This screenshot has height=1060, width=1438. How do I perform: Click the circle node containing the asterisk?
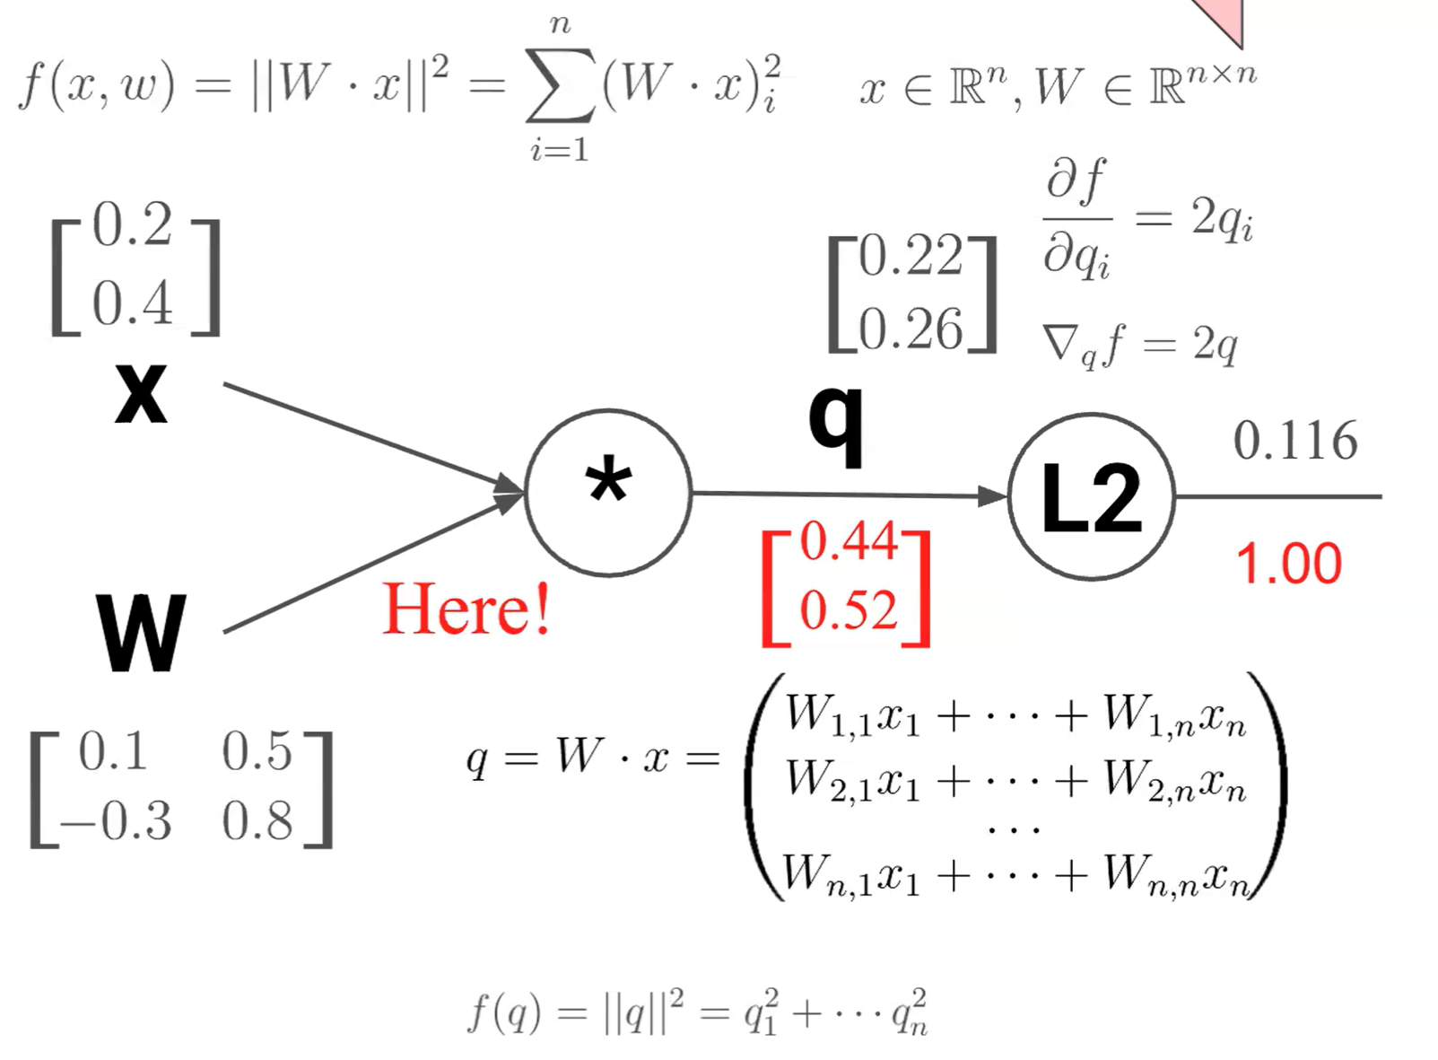point(608,492)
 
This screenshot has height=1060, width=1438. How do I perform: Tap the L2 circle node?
point(1091,496)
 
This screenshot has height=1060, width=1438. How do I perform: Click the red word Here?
point(466,609)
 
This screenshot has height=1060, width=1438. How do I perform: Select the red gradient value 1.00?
point(1288,565)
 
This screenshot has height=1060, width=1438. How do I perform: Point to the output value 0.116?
point(1294,441)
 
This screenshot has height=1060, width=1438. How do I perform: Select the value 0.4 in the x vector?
point(132,302)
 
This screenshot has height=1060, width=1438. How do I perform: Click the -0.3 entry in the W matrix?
point(116,820)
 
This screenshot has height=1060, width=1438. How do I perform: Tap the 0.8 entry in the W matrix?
point(257,820)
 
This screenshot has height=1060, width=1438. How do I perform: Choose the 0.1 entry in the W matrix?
point(113,751)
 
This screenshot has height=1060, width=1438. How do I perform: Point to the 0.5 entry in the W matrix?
point(257,751)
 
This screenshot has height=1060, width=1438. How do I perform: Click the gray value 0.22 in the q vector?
point(911,257)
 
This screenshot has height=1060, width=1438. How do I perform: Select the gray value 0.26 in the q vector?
point(911,329)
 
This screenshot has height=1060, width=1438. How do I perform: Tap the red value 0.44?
point(848,541)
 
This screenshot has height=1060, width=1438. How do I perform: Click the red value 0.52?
point(848,610)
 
